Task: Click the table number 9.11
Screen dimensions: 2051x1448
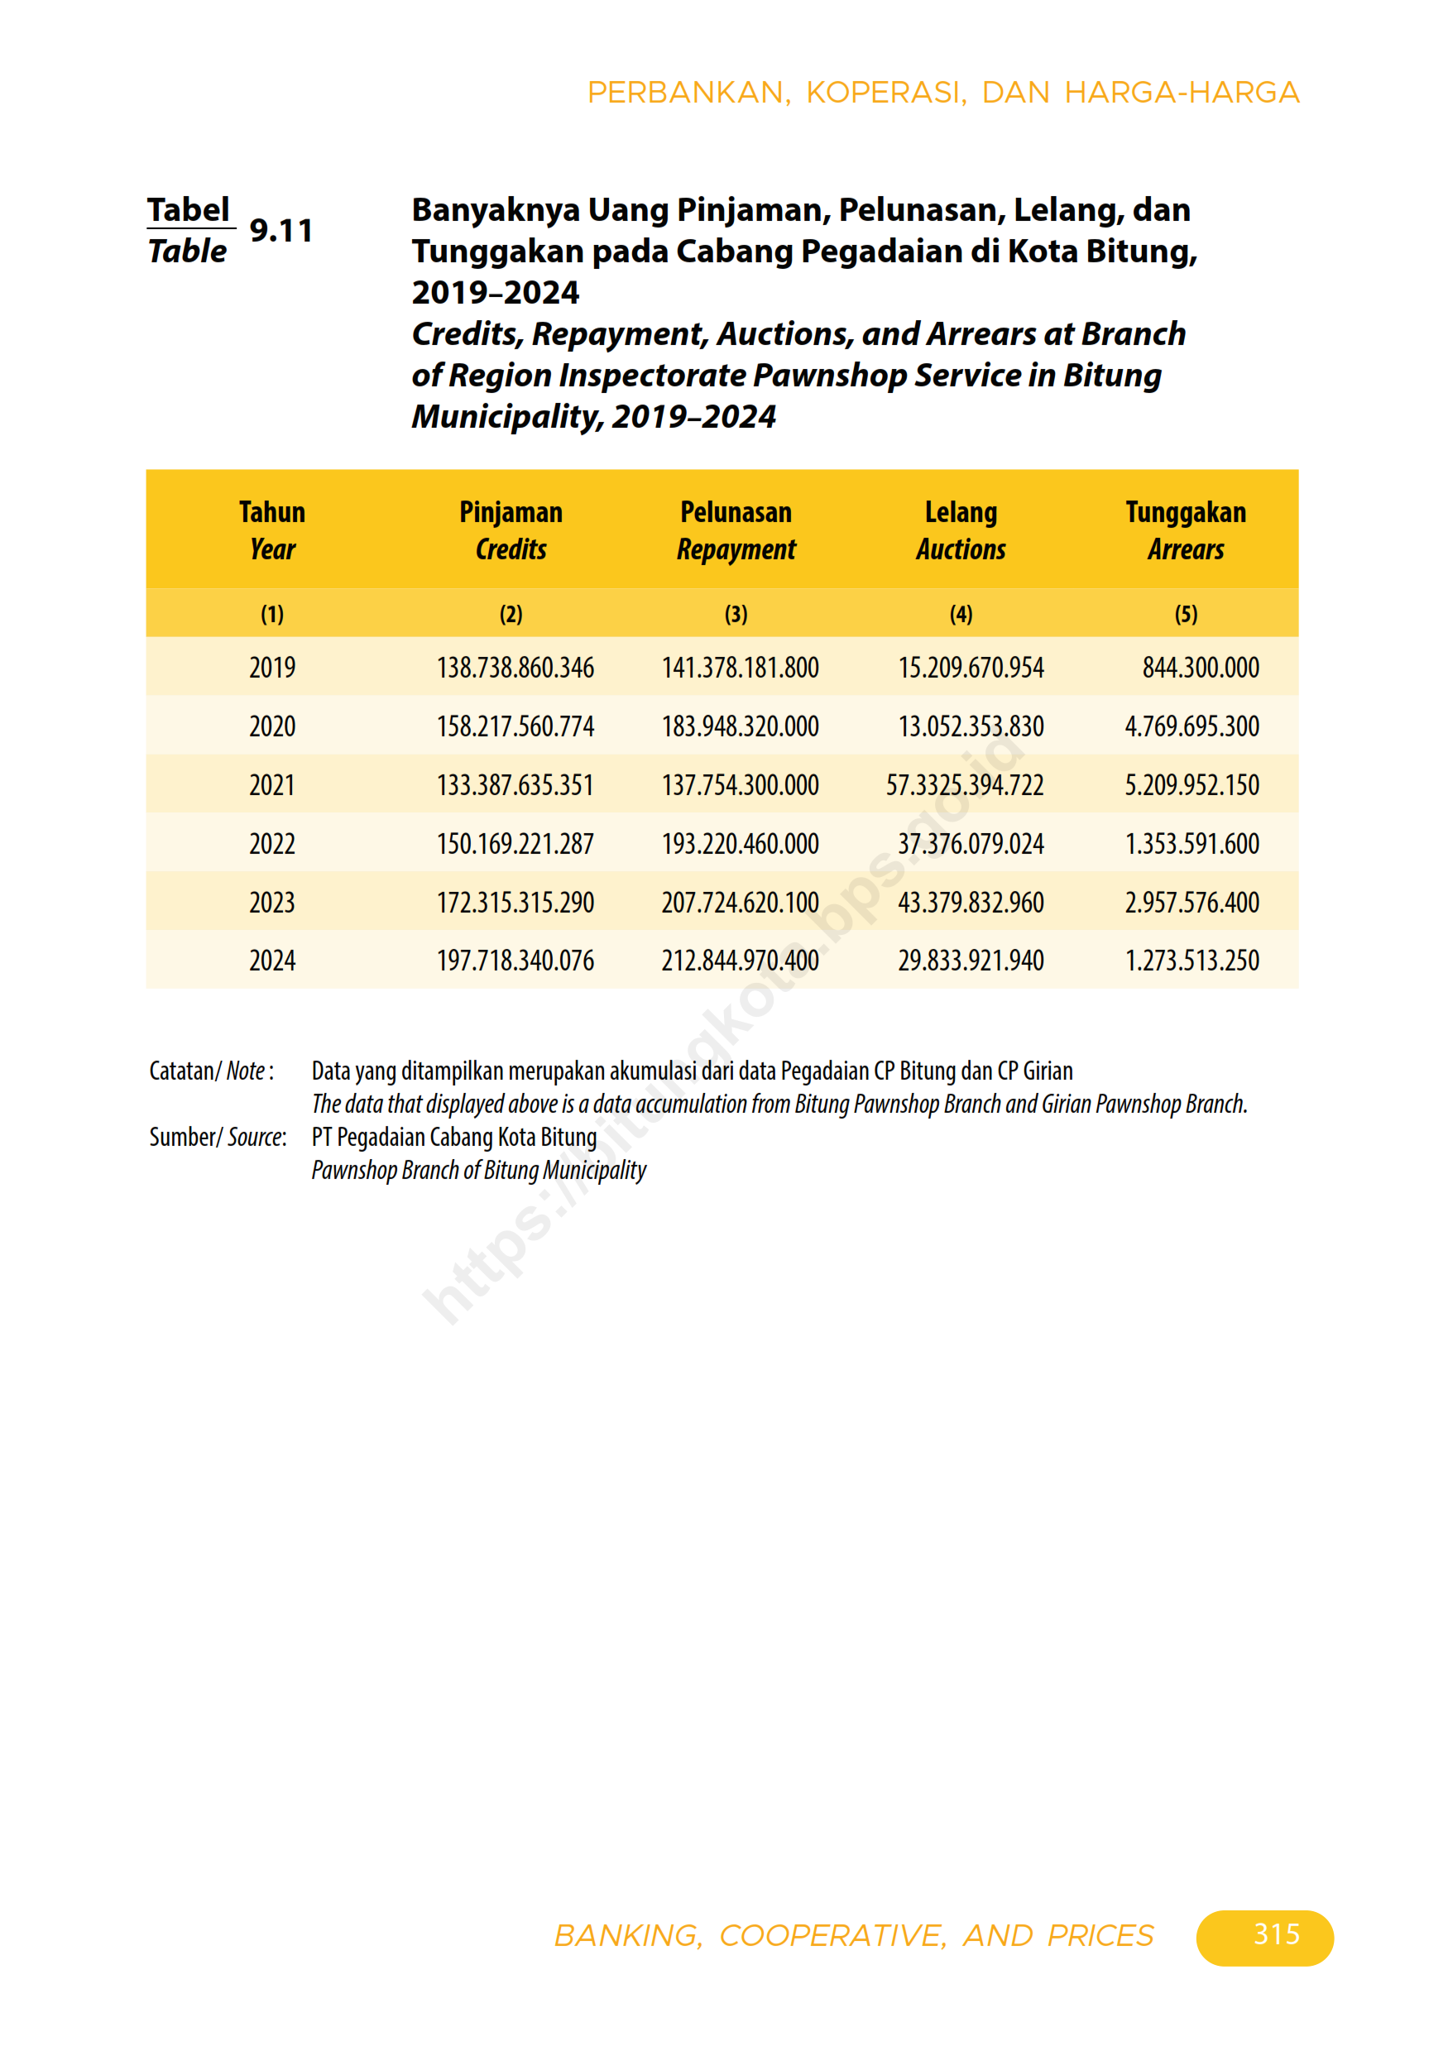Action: coord(280,231)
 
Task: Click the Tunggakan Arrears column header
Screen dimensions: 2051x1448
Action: coord(1186,530)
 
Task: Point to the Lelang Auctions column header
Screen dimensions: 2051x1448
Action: coord(961,530)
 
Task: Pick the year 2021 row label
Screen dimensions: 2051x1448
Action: coord(271,785)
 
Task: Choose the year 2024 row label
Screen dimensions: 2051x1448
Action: coord(271,961)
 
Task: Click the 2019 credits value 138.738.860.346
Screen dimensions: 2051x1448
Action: coord(515,668)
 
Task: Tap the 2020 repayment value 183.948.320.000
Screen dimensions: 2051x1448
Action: coord(740,726)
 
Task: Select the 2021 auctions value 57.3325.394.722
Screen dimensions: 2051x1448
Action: coord(965,785)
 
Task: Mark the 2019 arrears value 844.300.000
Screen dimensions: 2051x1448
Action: coord(1200,668)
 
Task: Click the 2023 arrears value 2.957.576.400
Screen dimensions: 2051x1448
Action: coord(1191,903)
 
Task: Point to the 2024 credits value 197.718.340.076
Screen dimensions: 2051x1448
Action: coord(515,961)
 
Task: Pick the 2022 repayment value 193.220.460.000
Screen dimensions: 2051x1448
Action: coord(740,843)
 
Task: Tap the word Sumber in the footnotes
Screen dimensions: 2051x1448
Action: coord(181,1136)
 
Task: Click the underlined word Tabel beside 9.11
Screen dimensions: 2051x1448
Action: coord(189,210)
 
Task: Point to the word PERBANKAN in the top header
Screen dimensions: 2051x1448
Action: coord(686,93)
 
